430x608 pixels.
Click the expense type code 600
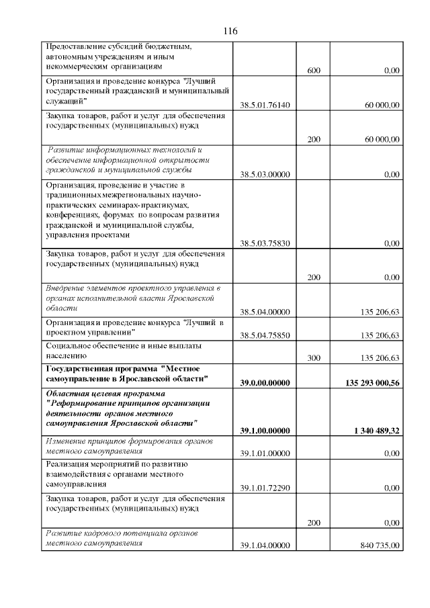pos(313,71)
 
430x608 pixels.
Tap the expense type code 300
pos(313,358)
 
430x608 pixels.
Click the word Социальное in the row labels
pos(67,345)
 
